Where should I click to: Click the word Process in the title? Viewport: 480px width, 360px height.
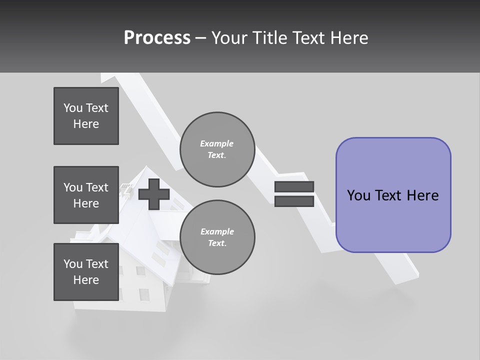point(157,38)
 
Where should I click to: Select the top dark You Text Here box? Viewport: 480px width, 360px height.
point(86,116)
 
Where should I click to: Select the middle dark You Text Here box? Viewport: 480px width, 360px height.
point(86,195)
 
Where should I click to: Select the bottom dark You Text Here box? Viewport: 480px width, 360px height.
point(86,272)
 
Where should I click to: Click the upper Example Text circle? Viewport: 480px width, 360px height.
point(217,149)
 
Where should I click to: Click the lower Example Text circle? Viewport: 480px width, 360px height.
point(217,237)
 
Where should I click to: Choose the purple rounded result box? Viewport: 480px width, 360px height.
point(393,195)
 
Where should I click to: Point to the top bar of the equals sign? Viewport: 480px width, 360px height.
point(294,187)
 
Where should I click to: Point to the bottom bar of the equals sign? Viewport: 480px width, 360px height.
point(294,201)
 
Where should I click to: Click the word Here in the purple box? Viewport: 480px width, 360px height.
point(422,195)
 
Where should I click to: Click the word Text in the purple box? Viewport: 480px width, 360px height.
point(388,195)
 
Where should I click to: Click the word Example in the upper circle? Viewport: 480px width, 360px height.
point(216,143)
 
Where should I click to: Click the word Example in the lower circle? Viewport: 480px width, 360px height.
point(217,231)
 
